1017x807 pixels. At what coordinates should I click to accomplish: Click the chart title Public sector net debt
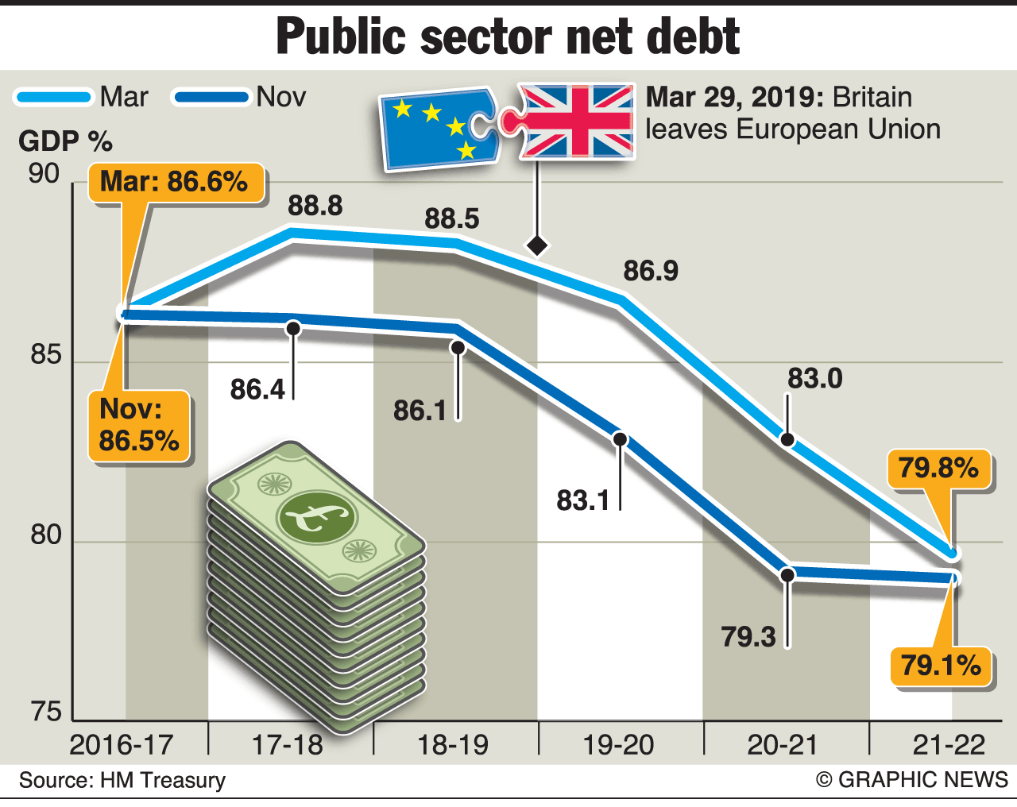click(x=508, y=37)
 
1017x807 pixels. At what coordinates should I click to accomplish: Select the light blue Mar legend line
click(x=53, y=98)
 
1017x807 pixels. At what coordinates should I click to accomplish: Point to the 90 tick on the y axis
click(x=44, y=174)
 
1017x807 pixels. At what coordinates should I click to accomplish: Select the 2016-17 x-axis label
click(x=122, y=745)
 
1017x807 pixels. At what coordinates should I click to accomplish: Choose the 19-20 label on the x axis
click(x=618, y=745)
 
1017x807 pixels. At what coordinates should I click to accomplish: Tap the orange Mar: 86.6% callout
click(x=174, y=182)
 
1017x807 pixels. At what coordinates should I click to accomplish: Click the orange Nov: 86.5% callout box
click(x=139, y=425)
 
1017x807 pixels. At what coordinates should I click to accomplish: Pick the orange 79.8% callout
click(x=938, y=468)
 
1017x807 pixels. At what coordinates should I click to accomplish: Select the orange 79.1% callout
click(x=941, y=665)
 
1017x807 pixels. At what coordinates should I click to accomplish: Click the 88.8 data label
click(x=315, y=206)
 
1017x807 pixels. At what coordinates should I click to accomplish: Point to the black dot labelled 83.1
click(x=621, y=439)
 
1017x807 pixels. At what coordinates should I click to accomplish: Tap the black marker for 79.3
click(x=787, y=574)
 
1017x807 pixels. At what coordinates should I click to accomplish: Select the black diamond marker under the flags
click(x=538, y=245)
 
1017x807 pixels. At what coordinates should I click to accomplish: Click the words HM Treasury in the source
click(x=163, y=780)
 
